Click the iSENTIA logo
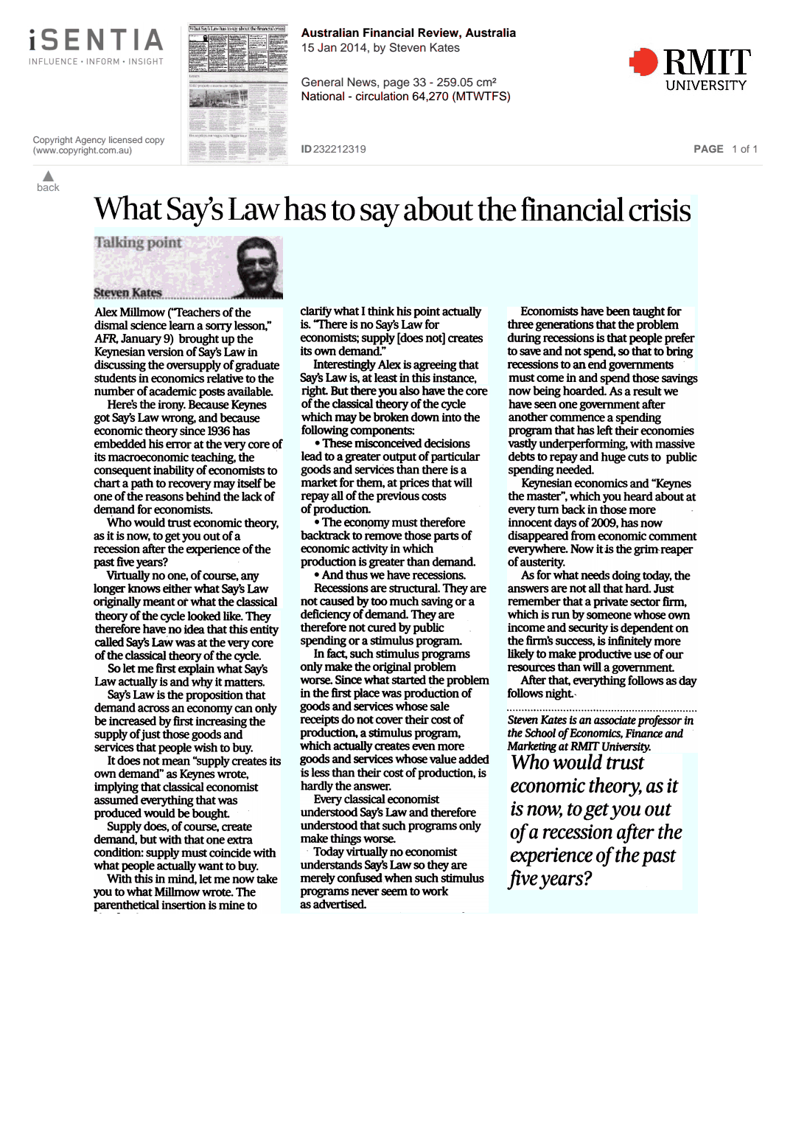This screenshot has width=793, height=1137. click(x=96, y=41)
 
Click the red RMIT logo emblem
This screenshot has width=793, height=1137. click(x=643, y=62)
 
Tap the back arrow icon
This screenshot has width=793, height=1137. click(x=48, y=176)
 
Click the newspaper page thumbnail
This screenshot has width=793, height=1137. click(x=237, y=94)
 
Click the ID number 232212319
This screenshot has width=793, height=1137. click(x=339, y=149)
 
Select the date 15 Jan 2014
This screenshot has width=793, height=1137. click(x=330, y=48)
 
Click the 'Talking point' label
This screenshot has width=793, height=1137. click(x=138, y=243)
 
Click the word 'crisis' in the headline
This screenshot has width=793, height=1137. click(x=659, y=211)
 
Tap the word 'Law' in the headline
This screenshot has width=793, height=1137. click(x=254, y=211)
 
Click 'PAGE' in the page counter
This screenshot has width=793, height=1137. click(x=708, y=149)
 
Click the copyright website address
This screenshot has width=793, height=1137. click(x=83, y=150)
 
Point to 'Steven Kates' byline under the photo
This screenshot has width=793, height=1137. click(x=127, y=293)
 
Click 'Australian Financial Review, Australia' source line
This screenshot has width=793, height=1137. click(x=408, y=33)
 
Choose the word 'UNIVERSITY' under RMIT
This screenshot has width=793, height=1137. click(x=705, y=86)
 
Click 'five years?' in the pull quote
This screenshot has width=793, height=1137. click(x=550, y=879)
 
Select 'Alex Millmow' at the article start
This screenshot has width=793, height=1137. click(x=130, y=313)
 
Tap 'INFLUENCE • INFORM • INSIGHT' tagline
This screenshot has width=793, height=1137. click(x=96, y=62)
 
